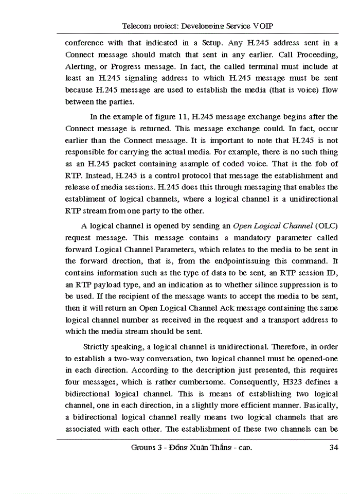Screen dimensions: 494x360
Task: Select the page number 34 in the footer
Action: coord(333,447)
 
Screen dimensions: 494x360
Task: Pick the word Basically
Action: coord(320,406)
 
